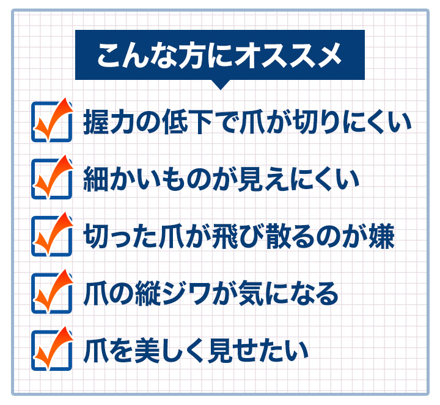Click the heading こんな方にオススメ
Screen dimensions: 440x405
[220, 55]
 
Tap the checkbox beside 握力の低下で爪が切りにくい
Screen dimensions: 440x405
[51, 121]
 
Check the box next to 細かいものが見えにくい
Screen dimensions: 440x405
[51, 179]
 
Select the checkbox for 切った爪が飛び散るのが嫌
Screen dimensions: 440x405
[51, 235]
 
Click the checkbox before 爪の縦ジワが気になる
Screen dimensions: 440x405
[51, 293]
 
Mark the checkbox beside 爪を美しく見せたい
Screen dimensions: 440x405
[51, 350]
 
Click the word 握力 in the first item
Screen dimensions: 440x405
[109, 122]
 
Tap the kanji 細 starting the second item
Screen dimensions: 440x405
[96, 179]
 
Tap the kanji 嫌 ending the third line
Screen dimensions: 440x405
[382, 237]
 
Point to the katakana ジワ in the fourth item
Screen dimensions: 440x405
[186, 293]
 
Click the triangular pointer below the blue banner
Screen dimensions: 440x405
[221, 85]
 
